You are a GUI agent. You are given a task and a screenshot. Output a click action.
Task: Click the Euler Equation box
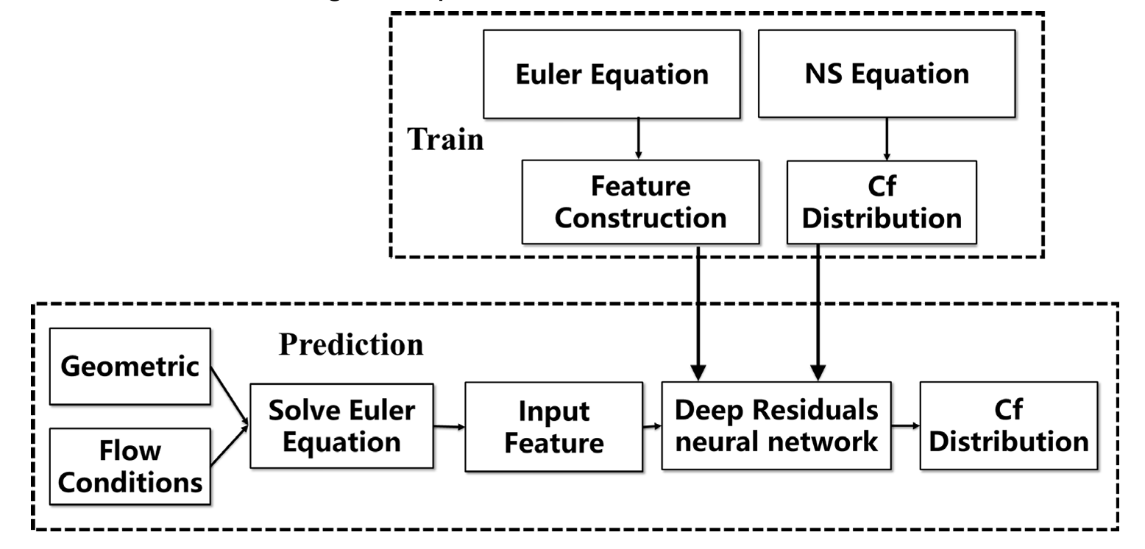click(612, 74)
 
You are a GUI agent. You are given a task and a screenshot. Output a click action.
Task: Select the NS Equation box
click(887, 74)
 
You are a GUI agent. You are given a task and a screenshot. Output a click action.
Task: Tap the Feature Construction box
click(640, 202)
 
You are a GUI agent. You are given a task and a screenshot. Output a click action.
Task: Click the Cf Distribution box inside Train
click(882, 202)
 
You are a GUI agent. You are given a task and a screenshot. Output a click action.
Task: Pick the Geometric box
click(130, 366)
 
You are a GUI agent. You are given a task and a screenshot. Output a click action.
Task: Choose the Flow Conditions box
click(130, 467)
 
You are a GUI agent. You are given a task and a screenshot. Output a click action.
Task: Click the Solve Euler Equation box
click(341, 426)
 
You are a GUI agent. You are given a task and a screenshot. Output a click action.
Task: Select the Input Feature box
click(553, 427)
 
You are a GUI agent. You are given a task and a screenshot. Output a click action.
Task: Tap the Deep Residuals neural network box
click(776, 426)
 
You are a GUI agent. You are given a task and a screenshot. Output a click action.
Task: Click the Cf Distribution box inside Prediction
click(1009, 426)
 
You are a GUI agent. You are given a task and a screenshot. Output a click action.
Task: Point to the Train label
click(445, 139)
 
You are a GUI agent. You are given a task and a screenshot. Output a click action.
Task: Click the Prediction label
click(351, 344)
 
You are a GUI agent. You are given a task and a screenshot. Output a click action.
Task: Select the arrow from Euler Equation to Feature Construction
click(639, 139)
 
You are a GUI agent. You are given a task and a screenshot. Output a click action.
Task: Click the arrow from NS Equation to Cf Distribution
click(887, 139)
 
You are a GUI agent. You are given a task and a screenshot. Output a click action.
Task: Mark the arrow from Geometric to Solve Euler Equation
click(230, 397)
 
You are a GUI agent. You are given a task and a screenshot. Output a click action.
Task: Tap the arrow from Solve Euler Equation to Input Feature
click(450, 426)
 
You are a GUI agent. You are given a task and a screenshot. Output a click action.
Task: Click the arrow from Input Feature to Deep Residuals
click(652, 426)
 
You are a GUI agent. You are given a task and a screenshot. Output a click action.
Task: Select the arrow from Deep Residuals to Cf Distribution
click(906, 425)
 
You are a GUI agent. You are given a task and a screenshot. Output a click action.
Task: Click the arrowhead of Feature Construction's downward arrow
click(698, 372)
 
